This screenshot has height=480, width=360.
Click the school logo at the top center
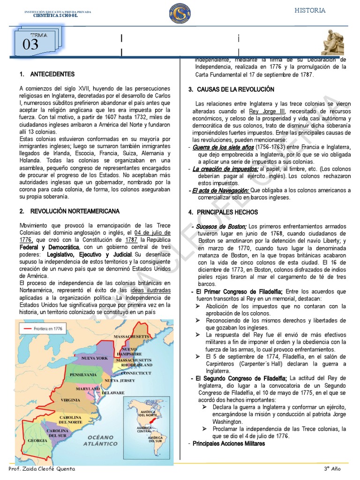(180, 14)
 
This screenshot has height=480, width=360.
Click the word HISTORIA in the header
(310, 10)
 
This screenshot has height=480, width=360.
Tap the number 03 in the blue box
(30, 45)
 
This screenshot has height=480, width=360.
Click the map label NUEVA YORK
(95, 358)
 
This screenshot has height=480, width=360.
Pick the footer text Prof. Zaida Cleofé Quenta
(42, 469)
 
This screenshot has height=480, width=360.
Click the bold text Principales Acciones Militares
(228, 443)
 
